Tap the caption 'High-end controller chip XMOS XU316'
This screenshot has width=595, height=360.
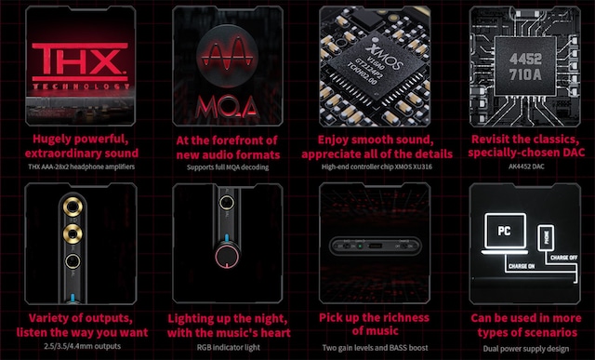click(372, 167)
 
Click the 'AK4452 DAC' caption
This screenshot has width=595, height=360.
click(521, 167)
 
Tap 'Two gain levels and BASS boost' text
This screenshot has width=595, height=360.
click(372, 346)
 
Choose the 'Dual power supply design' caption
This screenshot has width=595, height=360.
click(521, 346)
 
